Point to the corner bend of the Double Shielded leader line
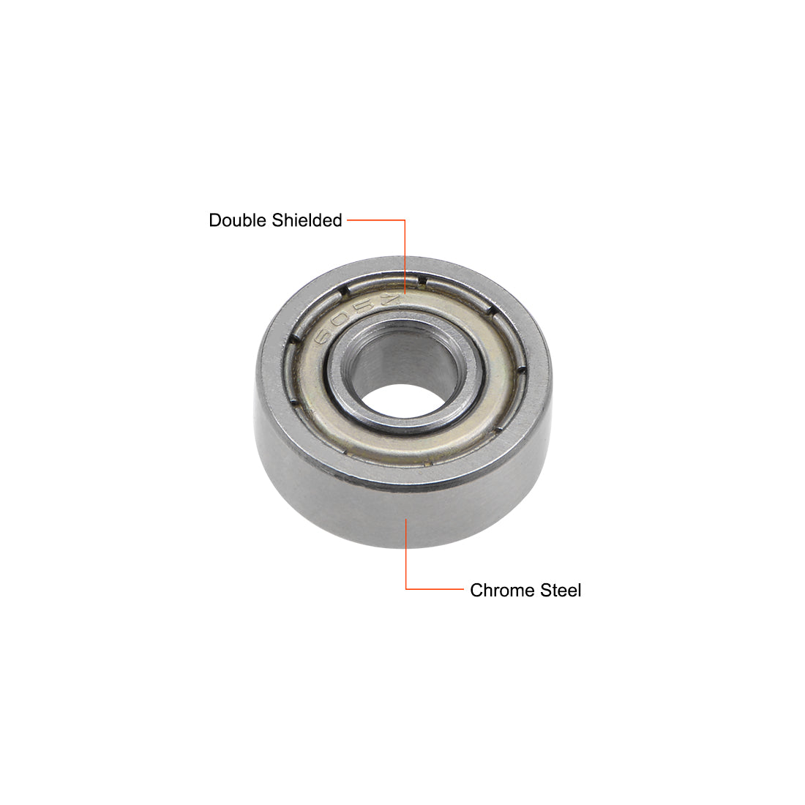tap(405, 219)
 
